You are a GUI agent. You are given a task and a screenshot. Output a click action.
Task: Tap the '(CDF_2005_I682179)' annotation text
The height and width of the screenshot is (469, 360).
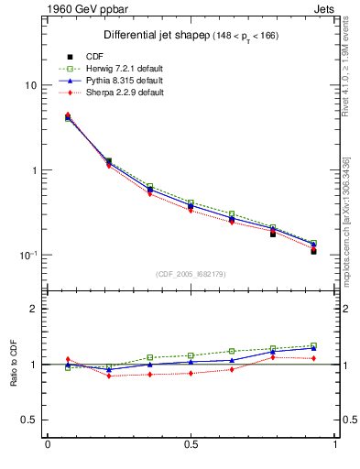(191, 274)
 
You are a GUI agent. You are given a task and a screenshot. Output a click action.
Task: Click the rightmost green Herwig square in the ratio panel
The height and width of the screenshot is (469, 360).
(313, 345)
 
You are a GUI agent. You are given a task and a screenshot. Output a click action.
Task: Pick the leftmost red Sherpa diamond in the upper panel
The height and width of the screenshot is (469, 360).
(68, 115)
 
